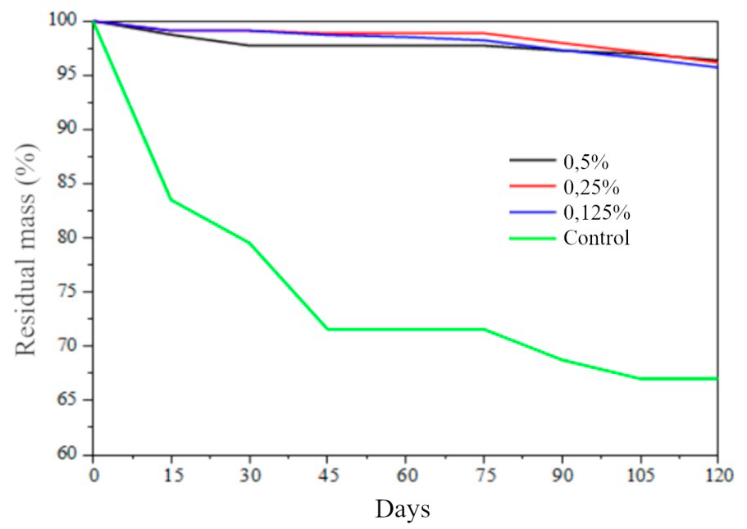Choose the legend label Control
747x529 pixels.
coord(596,239)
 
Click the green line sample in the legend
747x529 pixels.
coord(532,239)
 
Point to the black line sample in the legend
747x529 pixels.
coord(532,161)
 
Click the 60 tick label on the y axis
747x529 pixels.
coord(72,454)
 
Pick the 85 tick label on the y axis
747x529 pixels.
coord(72,184)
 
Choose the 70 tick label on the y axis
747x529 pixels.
coord(72,346)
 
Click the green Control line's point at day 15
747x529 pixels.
coord(171,199)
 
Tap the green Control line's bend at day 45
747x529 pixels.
coord(327,329)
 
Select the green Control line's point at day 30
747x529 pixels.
coord(249,243)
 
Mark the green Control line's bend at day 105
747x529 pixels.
coord(640,378)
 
